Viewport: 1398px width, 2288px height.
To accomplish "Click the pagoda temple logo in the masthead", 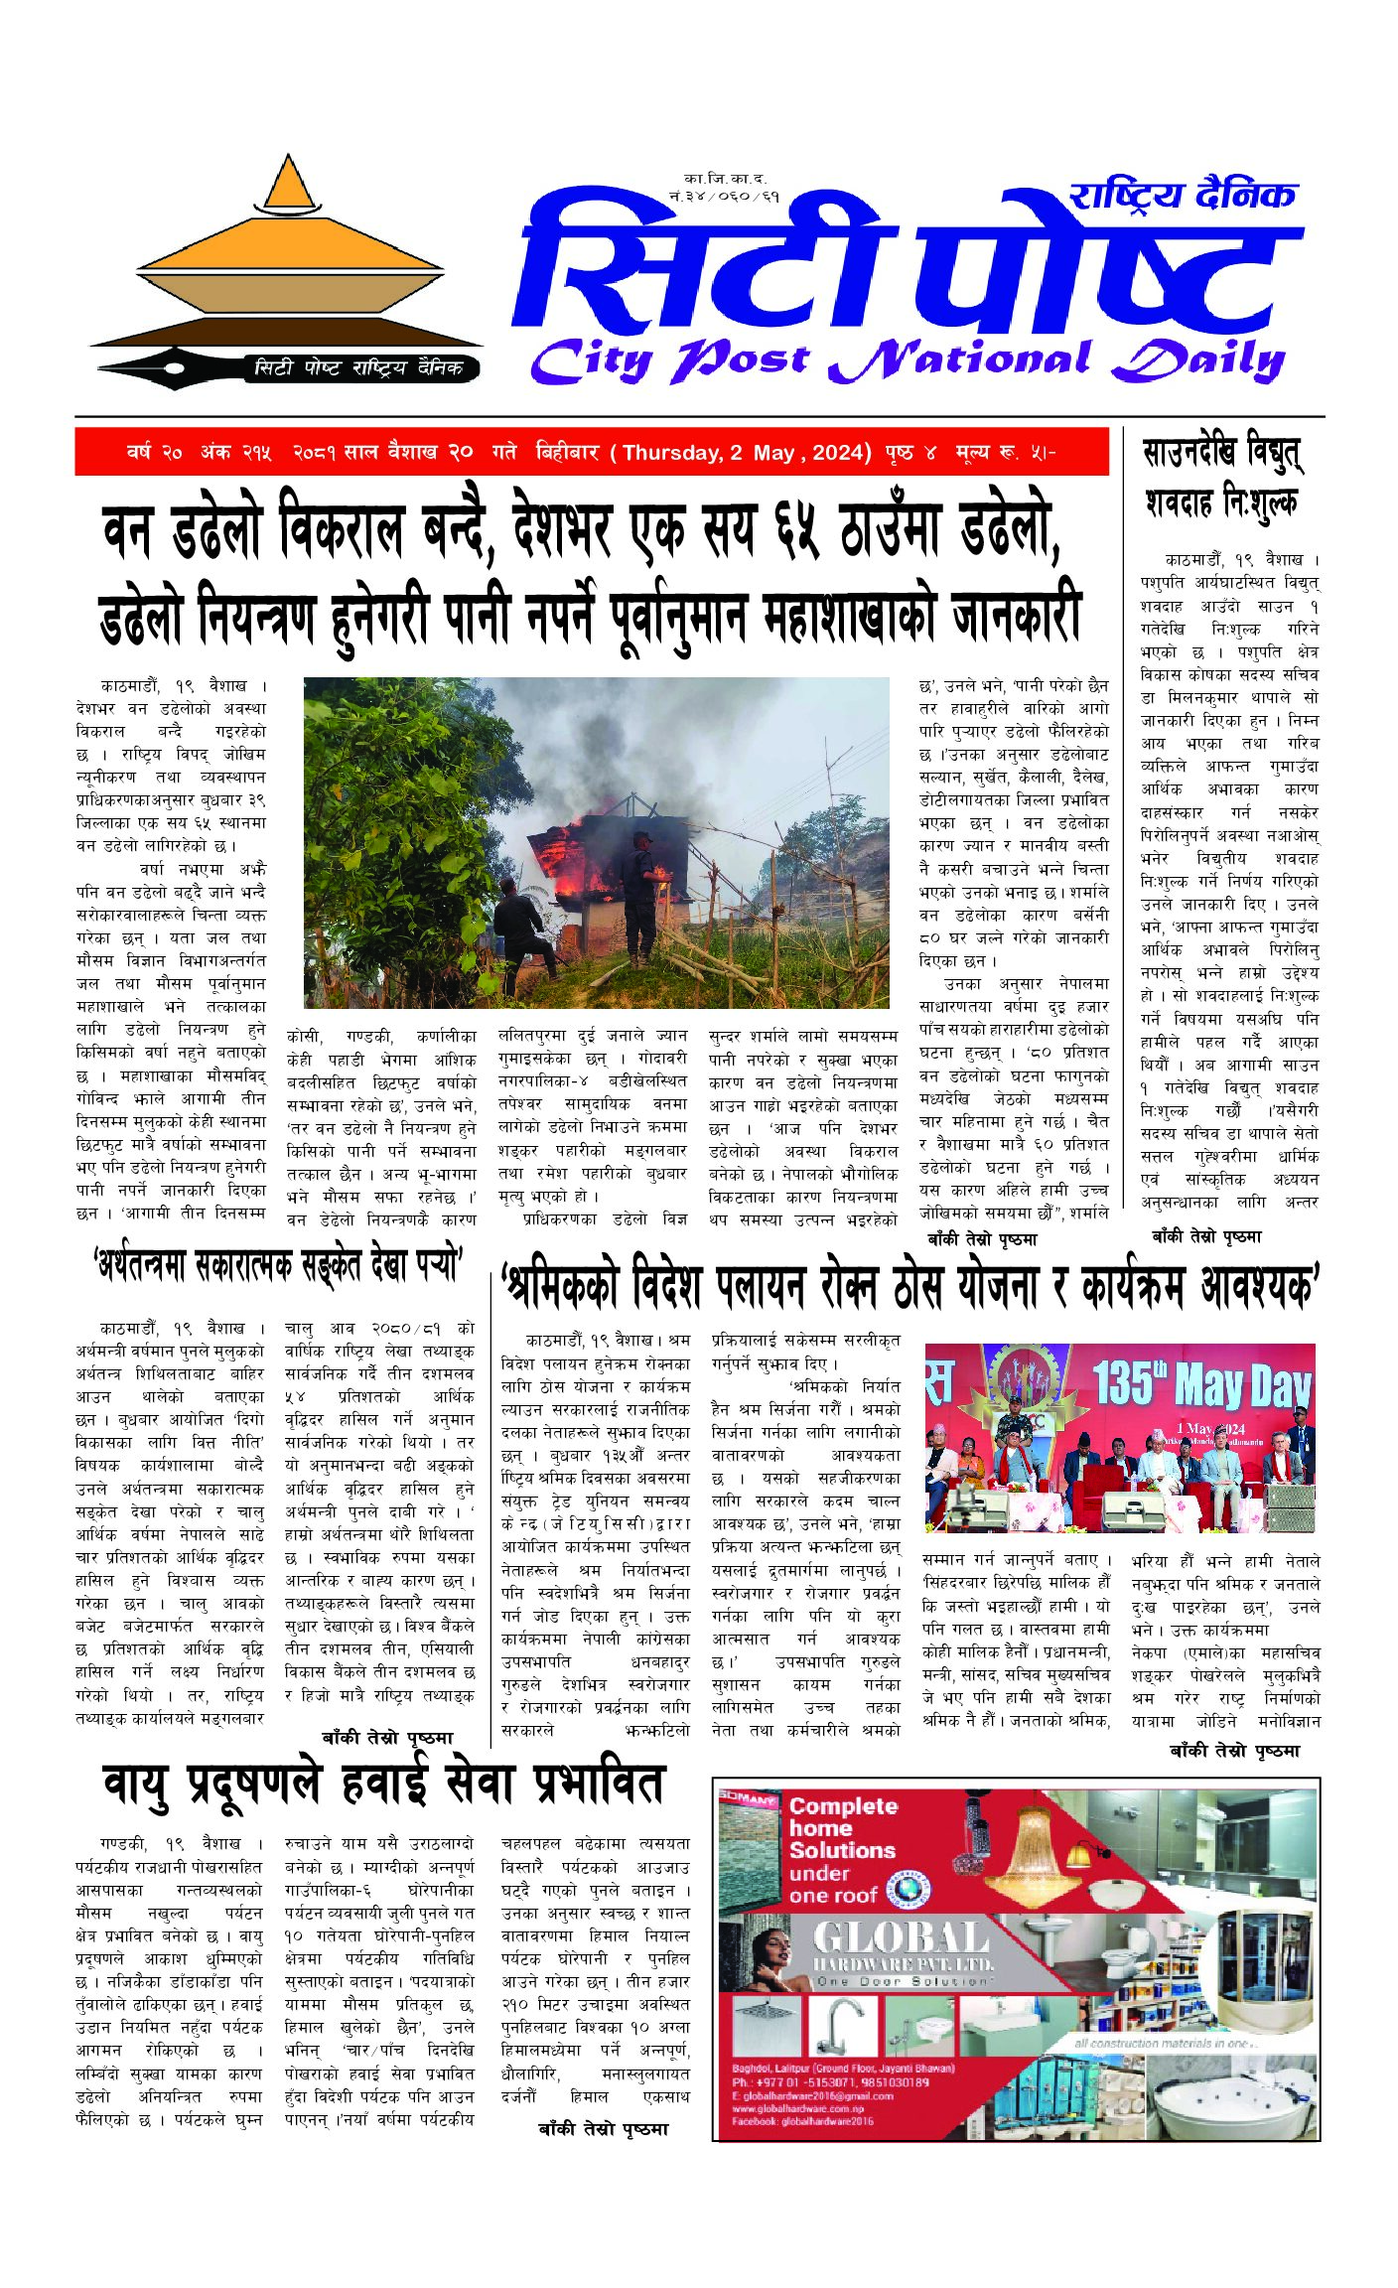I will click(287, 258).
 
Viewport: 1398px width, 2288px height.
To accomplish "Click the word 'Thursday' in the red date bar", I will click(670, 453).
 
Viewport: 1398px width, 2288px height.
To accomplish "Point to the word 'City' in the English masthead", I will click(590, 359).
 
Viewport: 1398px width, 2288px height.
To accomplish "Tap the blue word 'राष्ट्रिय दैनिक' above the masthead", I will click(1183, 195).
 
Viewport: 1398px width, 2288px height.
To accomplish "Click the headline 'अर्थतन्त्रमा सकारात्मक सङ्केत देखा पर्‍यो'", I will click(277, 1267).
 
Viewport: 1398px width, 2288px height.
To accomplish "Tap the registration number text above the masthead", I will click(724, 188).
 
